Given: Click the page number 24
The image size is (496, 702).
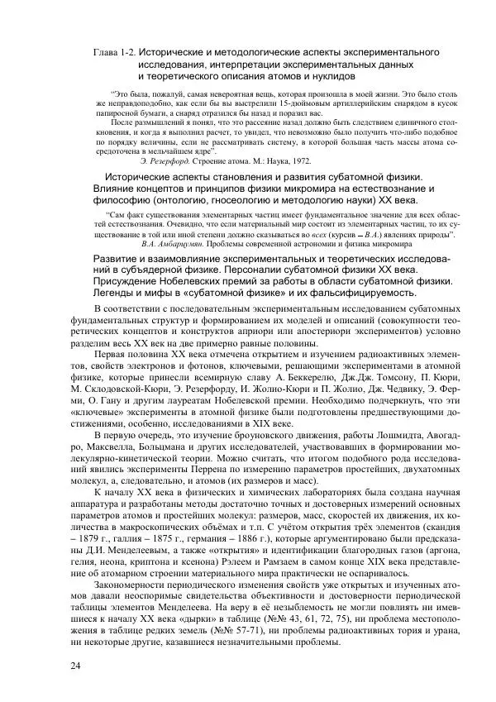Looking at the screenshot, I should pyautogui.click(x=75, y=666).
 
